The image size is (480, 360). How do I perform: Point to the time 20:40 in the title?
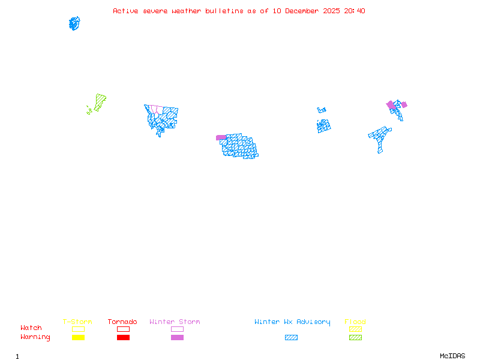[354, 11]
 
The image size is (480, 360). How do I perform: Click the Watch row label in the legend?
[31, 328]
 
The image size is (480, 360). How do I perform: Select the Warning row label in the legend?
[35, 337]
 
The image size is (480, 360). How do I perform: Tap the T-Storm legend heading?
[77, 322]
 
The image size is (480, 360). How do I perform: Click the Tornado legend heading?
[122, 322]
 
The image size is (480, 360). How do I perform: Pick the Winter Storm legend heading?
[175, 322]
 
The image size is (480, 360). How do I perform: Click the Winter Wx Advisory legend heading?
[292, 322]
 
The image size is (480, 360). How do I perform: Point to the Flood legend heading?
[355, 322]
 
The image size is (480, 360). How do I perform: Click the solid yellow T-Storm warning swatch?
[78, 338]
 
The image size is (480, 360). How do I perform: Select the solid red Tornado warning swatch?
[123, 338]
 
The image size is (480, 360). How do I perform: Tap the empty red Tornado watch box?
[123, 329]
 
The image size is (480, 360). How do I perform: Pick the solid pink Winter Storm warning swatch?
[177, 338]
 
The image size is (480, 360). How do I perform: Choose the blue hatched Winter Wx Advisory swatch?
[291, 338]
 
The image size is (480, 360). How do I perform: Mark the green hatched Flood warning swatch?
[355, 338]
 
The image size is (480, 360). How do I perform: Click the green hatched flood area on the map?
[100, 100]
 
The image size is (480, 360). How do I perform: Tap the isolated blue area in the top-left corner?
[74, 23]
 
